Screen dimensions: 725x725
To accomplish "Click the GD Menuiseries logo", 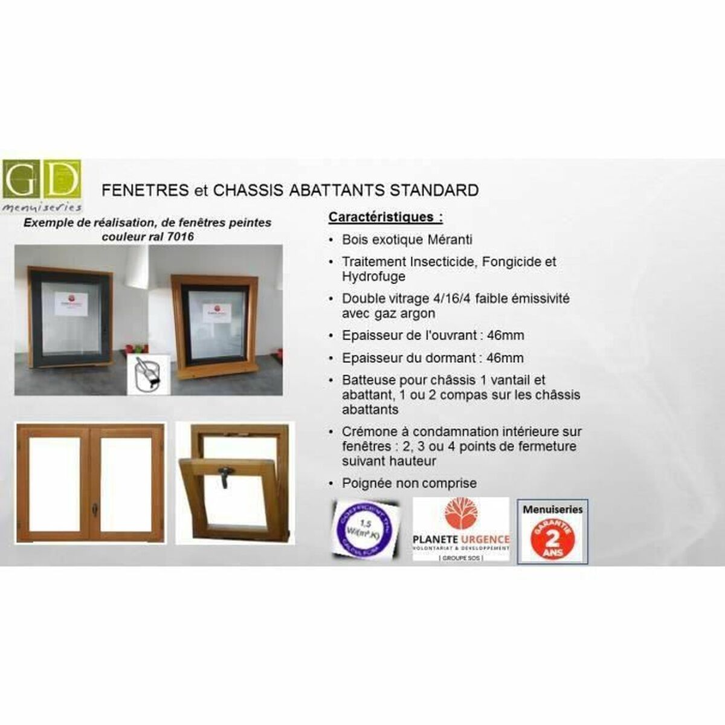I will pos(42,185).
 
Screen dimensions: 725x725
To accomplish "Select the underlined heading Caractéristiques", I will pos(385,217).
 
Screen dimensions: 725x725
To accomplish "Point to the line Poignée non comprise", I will pos(409,483).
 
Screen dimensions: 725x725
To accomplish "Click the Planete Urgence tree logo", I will pos(460,514).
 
